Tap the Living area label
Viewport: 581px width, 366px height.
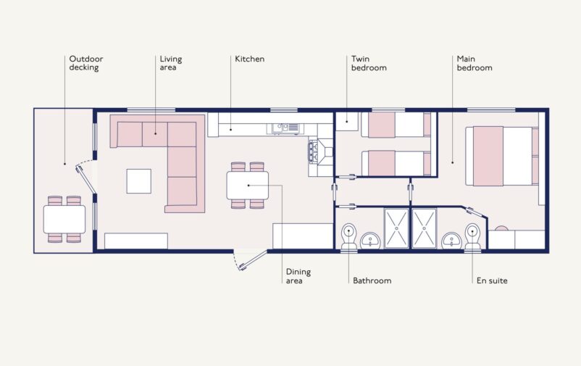click(170, 63)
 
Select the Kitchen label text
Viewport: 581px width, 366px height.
click(249, 59)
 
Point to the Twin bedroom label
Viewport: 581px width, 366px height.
click(369, 63)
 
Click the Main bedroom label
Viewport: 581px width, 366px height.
click(475, 63)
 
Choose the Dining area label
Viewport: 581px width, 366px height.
click(298, 276)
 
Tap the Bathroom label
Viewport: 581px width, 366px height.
click(372, 280)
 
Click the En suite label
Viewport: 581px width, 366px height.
click(491, 280)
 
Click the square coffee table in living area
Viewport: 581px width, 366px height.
click(138, 180)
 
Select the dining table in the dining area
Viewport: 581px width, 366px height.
click(247, 185)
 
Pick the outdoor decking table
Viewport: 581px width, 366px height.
click(64, 218)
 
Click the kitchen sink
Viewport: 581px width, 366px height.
click(285, 128)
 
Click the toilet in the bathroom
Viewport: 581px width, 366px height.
click(348, 237)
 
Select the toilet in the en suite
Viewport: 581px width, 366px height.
click(472, 237)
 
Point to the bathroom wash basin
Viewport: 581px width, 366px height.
click(371, 239)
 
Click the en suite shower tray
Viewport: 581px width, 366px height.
click(424, 228)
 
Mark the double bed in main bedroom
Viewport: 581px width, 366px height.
click(503, 156)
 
